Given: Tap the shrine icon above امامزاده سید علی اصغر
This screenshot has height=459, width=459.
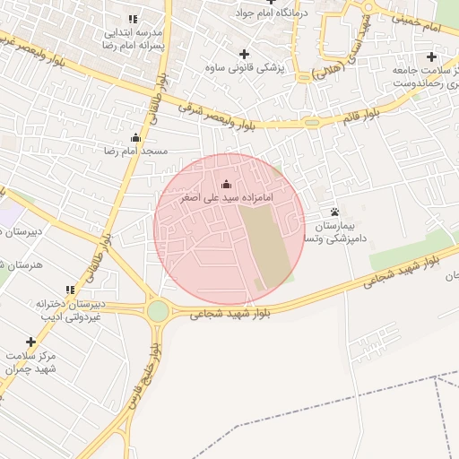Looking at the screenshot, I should click(225, 184).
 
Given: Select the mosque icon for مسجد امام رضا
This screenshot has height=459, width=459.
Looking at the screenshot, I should click(135, 138).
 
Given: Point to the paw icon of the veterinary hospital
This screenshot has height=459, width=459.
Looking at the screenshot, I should click(335, 212).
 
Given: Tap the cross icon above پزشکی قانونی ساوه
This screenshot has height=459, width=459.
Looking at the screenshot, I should click(245, 54).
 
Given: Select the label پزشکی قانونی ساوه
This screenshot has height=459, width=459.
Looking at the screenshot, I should click(244, 67).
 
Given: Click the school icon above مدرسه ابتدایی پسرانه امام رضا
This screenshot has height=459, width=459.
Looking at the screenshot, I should click(133, 19).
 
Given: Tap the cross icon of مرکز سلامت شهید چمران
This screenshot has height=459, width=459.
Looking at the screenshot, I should click(31, 342).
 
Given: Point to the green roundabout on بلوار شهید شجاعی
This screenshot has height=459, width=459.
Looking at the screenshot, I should click(159, 311).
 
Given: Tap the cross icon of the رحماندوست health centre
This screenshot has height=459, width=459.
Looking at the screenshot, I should click(431, 56).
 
